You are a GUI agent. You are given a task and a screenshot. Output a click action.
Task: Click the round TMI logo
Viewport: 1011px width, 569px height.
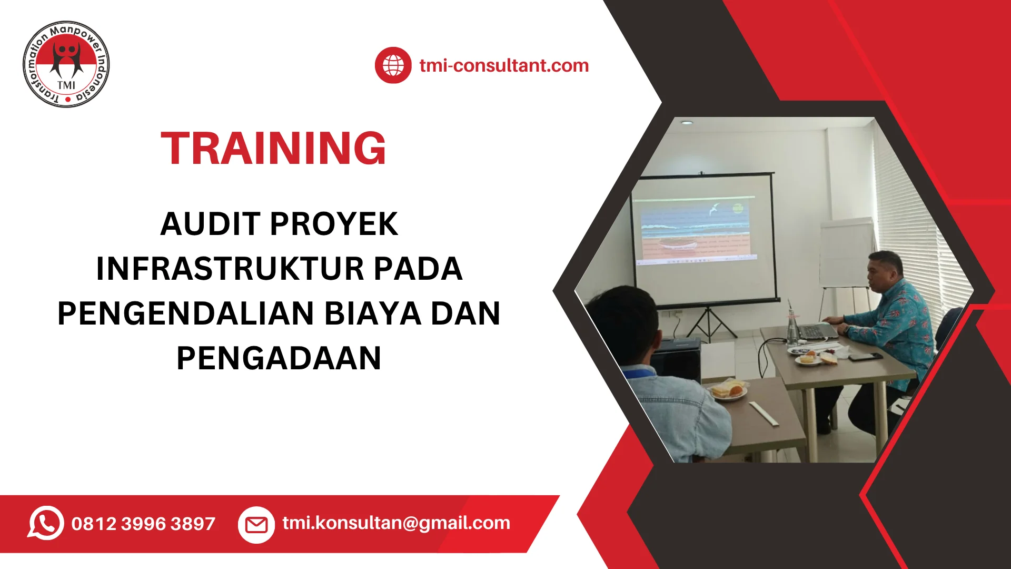tap(66, 65)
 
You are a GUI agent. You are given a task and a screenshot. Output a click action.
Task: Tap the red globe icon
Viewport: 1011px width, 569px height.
tap(393, 65)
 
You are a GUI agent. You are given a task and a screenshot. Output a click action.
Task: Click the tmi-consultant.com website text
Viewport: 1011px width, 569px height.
tap(504, 65)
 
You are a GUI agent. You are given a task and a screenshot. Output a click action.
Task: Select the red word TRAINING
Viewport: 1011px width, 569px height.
tap(273, 149)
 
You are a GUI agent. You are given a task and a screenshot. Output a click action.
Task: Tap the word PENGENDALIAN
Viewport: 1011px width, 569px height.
tap(185, 313)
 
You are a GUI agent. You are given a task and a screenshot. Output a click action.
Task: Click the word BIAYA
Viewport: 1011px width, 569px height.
tap(372, 313)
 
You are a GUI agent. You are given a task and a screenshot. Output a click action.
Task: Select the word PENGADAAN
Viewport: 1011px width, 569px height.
tap(279, 358)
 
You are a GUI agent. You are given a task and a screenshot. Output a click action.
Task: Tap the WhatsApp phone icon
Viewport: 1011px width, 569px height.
tap(46, 523)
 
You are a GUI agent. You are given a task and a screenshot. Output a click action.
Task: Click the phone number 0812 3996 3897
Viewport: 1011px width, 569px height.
tap(143, 524)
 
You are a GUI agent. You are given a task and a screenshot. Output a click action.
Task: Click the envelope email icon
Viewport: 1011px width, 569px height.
tap(256, 525)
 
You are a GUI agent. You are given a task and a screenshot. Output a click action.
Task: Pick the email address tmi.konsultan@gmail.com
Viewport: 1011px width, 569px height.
tap(396, 523)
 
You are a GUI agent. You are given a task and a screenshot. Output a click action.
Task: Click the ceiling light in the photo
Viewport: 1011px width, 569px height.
tap(687, 122)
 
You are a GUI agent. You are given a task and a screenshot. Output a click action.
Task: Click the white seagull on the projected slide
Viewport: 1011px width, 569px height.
tap(715, 209)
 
